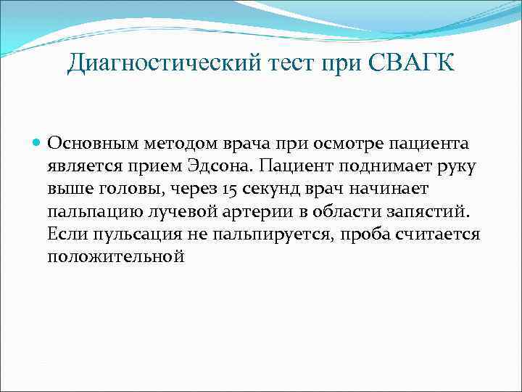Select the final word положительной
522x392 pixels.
click(x=116, y=258)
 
